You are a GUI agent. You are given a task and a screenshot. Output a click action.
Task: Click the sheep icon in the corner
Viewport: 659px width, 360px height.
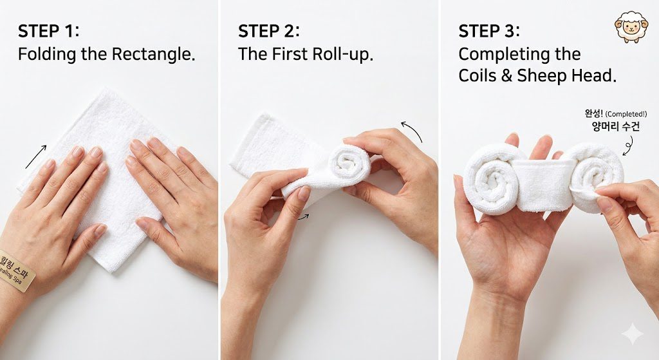tap(631, 26)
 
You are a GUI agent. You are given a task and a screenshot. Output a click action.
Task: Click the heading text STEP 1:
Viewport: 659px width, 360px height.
tap(48, 32)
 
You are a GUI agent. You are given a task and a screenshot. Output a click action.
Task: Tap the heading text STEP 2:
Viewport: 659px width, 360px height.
tap(268, 32)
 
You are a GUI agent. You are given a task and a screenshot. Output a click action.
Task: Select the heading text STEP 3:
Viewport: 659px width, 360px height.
tap(488, 32)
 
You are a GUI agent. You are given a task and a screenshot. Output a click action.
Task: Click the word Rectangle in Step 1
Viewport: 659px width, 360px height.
tap(153, 54)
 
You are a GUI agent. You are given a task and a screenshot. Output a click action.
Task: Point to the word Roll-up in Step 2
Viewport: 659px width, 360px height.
tap(342, 54)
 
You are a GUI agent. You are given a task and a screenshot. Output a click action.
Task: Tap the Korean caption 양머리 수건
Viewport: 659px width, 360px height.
tap(615, 126)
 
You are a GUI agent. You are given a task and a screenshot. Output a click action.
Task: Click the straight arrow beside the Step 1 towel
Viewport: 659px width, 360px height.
tap(36, 156)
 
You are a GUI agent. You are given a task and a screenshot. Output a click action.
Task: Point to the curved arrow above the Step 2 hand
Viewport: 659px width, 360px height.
tap(413, 131)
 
